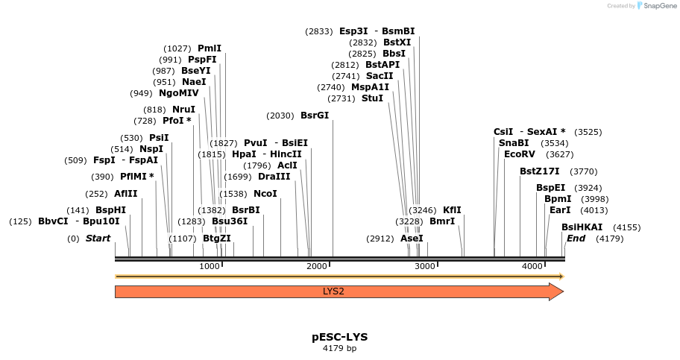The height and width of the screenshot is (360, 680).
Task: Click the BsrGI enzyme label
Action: pyautogui.click(x=315, y=116)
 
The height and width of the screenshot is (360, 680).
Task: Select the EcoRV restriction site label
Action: pyautogui.click(x=520, y=154)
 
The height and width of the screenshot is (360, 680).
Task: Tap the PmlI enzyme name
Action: pyautogui.click(x=210, y=48)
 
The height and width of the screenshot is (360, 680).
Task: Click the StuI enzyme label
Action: pyautogui.click(x=372, y=98)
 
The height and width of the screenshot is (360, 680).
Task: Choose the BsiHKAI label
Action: pyautogui.click(x=582, y=227)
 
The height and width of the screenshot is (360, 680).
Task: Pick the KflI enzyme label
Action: pyautogui.click(x=453, y=210)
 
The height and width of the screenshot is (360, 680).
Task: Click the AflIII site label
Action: pyautogui.click(x=126, y=194)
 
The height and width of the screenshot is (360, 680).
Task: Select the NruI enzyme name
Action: pyautogui.click(x=183, y=110)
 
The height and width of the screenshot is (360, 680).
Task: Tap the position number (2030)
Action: pyautogui.click(x=281, y=116)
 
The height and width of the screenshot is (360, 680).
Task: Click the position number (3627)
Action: pyautogui.click(x=559, y=154)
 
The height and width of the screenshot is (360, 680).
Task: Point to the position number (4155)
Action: pyautogui.click(x=626, y=227)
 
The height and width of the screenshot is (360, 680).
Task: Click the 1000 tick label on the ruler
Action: pyautogui.click(x=210, y=267)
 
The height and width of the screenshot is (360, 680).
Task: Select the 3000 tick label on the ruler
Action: pyautogui.click(x=424, y=267)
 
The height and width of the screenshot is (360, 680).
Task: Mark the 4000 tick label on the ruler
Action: pyautogui.click(x=532, y=267)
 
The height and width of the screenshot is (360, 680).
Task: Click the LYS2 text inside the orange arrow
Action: pyautogui.click(x=333, y=291)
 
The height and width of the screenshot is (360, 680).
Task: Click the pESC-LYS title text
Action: pyautogui.click(x=339, y=337)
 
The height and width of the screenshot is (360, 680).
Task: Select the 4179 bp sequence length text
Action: pyautogui.click(x=339, y=348)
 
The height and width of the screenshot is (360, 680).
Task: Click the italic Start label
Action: pyautogui.click(x=98, y=239)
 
